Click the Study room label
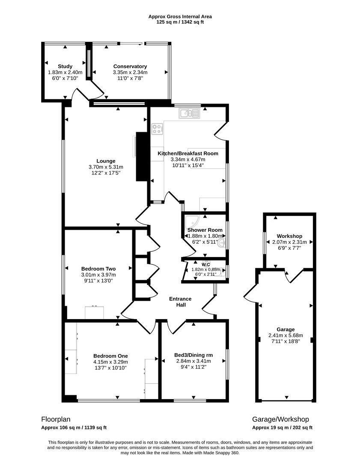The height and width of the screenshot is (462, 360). coord(65,66)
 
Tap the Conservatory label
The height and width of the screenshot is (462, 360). coord(130,66)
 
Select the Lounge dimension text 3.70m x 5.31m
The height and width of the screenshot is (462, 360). coord(106,167)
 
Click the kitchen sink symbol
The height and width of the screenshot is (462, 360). coord(189,113)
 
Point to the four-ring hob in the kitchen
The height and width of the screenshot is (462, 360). coord(157,129)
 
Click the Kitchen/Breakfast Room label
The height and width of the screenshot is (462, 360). coord(188,153)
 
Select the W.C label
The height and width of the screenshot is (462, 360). coord(206,265)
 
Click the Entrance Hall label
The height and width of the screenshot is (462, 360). coord(180,302)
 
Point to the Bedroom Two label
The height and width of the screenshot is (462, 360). coord(98,269)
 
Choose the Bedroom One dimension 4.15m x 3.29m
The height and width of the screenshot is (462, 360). coord(110,362)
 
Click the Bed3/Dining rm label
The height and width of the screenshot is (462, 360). coord(193,355)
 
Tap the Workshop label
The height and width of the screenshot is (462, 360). coord(289,236)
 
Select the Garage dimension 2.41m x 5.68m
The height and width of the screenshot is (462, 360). coord(286,335)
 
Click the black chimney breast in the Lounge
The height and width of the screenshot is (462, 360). coord(142,157)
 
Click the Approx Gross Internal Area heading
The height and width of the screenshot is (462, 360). coord(180,17)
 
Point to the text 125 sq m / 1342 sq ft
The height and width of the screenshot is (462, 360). coord(180,22)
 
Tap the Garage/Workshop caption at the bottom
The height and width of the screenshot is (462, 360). coord(280,419)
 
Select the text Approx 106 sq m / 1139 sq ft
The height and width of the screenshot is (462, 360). coord(74,427)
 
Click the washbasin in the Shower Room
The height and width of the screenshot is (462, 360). coord(221,243)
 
